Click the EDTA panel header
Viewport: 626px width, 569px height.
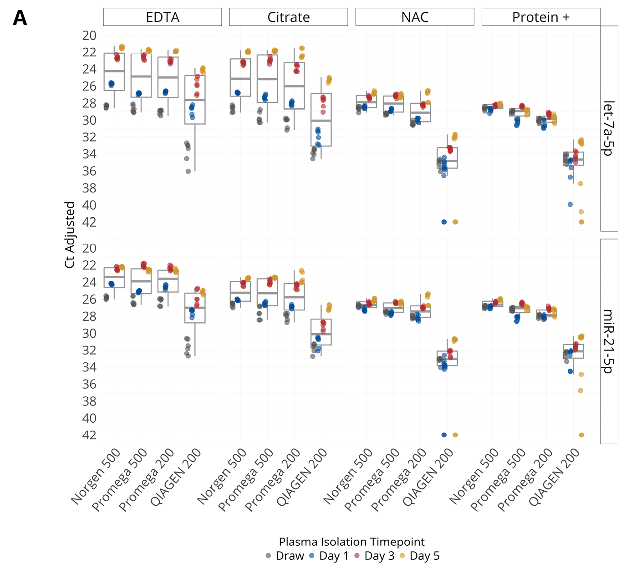tap(163, 17)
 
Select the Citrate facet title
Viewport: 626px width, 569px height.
tap(289, 17)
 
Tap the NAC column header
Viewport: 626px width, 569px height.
tap(415, 17)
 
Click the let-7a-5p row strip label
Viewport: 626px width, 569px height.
tap(609, 128)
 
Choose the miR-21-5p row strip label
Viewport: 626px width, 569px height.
tap(609, 341)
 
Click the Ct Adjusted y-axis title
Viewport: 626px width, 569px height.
tap(70, 235)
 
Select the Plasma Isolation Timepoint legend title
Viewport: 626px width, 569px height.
tap(351, 542)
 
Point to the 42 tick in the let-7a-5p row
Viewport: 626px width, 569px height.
tap(90, 222)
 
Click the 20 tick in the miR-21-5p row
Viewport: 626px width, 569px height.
tap(90, 248)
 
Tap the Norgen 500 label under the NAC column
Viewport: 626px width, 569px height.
tap(348, 476)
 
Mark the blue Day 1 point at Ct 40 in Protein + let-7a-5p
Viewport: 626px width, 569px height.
tap(570, 204)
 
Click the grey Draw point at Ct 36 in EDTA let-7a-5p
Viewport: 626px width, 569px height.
tap(188, 171)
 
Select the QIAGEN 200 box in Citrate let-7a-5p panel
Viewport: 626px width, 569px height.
tap(321, 120)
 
